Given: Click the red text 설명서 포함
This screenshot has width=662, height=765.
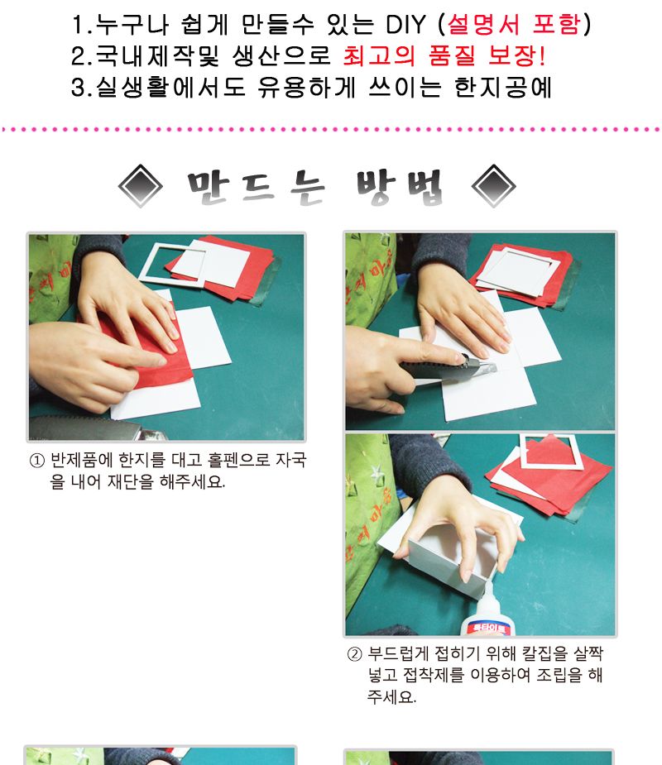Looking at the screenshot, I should (514, 25).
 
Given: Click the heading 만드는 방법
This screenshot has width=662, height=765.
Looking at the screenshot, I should (316, 188).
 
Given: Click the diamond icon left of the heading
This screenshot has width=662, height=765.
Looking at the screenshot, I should (141, 187).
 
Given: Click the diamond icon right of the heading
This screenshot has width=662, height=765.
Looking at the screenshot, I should (493, 187).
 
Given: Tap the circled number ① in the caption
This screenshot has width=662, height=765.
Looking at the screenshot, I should (36, 461).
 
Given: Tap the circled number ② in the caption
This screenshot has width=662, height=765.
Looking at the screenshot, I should (353, 655).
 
